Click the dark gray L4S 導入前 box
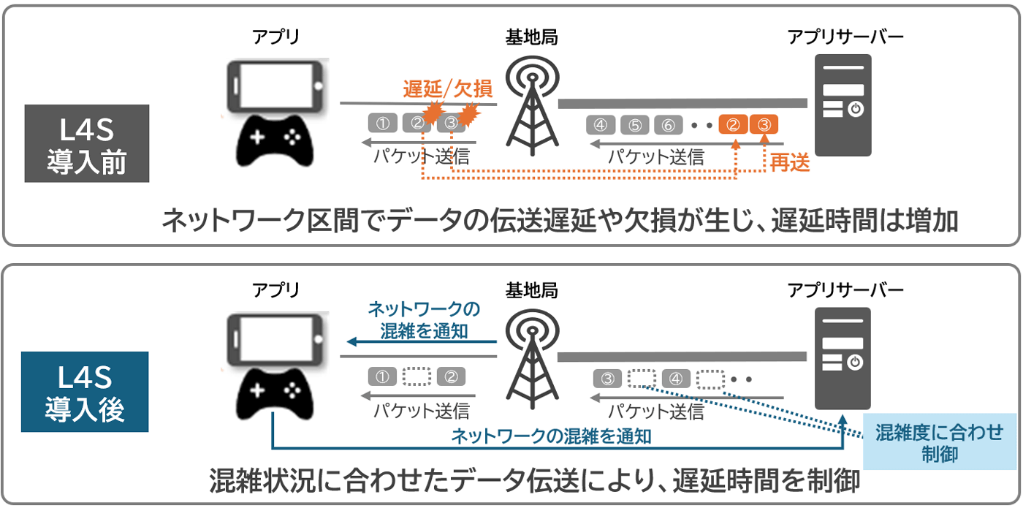(x=87, y=143)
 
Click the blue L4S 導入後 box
(x=87, y=392)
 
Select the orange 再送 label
(x=791, y=164)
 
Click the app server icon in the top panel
(x=843, y=105)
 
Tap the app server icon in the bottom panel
(x=843, y=357)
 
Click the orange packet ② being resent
(x=733, y=125)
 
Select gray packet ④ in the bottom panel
(x=676, y=379)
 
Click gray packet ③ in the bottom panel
(x=607, y=379)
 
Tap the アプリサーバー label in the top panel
(x=845, y=36)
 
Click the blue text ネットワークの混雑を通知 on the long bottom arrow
(x=551, y=437)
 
